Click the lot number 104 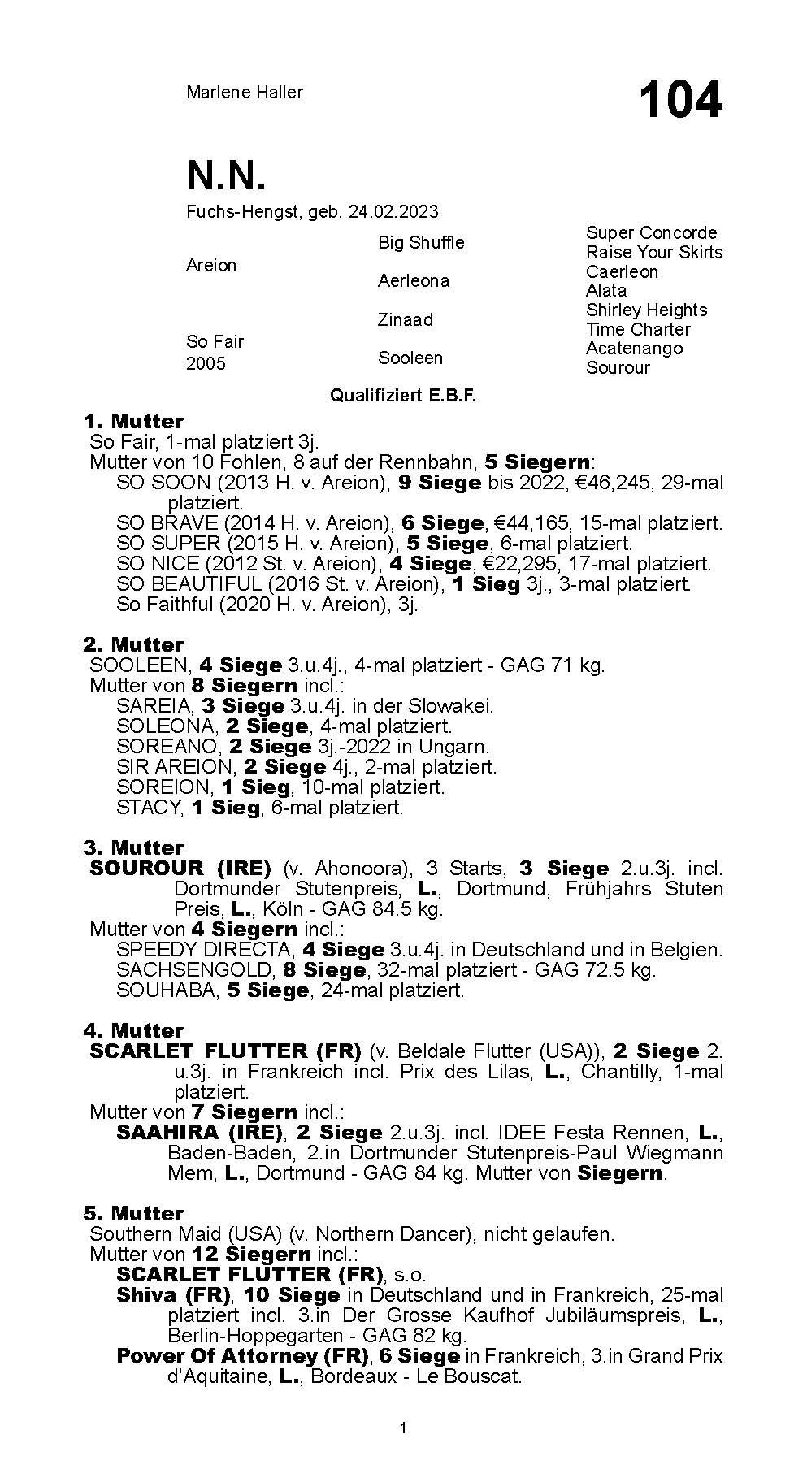pos(679,101)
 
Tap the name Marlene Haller pos(244,93)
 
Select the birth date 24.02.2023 pos(393,212)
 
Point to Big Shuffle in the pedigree pos(421,243)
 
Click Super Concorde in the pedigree pos(651,233)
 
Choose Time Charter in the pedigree pos(638,329)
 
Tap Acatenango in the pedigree pos(634,349)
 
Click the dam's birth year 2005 pos(206,363)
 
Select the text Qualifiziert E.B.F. pos(402,396)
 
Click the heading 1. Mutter pos(133,422)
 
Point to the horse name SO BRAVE pos(167,523)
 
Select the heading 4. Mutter pos(133,1031)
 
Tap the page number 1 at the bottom pos(403,1428)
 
